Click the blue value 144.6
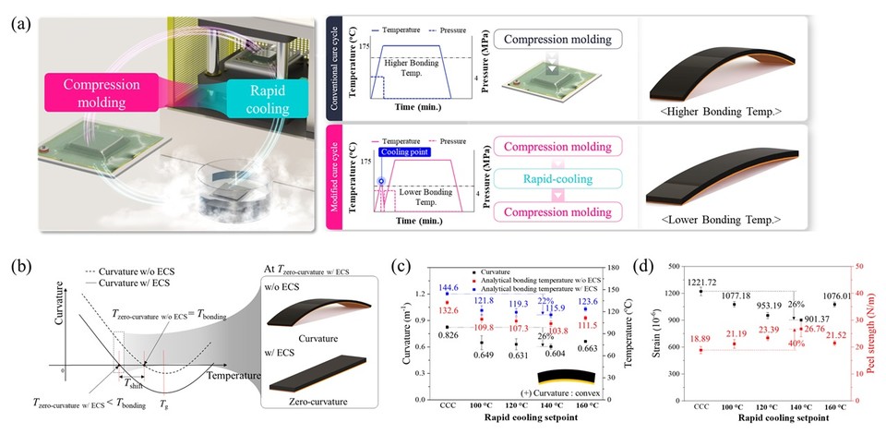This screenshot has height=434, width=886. tap(449, 288)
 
